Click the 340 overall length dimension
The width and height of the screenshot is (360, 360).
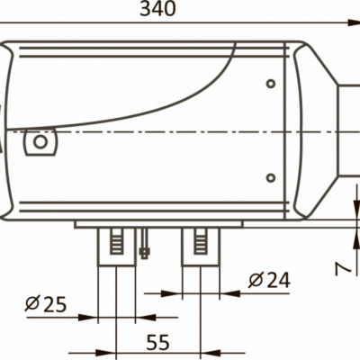coord(157,9)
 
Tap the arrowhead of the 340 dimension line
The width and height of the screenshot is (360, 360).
coord(354,22)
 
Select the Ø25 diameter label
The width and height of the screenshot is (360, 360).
coord(46,304)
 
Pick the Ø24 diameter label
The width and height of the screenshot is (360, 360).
coord(269,280)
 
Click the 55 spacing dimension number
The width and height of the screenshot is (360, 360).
coord(158,342)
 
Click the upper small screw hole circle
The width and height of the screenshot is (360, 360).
coord(271,84)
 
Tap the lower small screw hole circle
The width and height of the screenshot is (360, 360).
coord(271,178)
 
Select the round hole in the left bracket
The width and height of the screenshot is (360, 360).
coord(40,141)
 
